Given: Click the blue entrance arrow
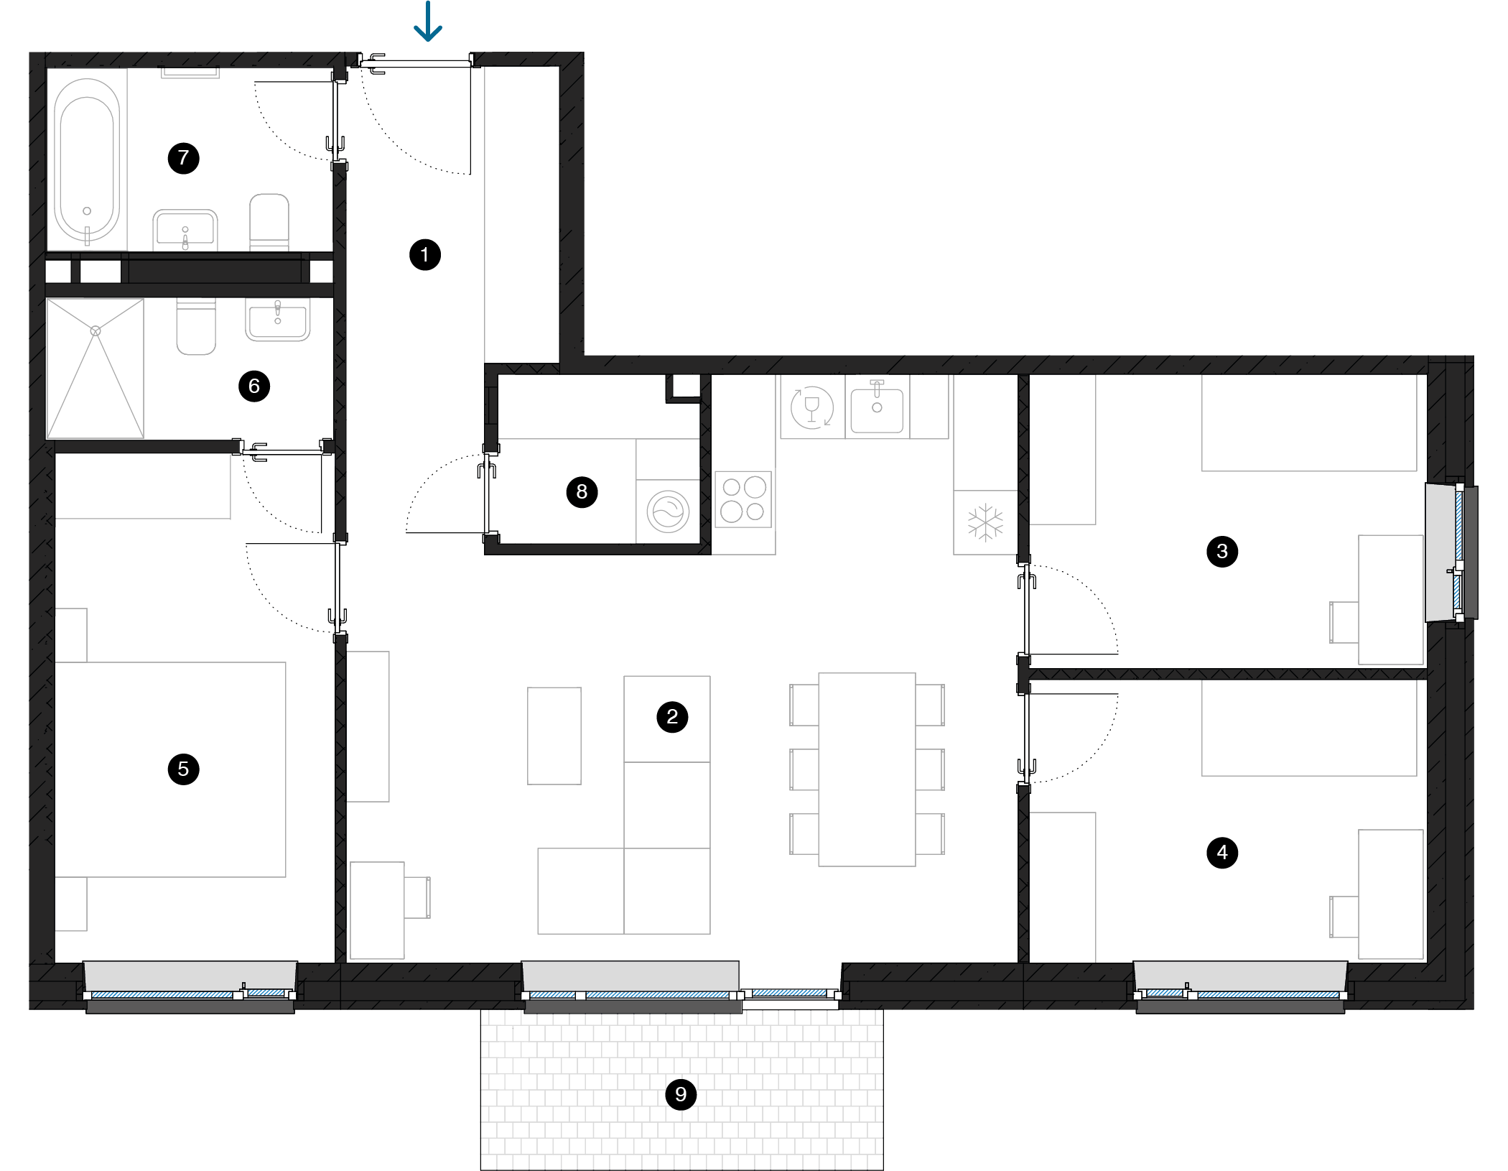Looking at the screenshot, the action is point(428,21).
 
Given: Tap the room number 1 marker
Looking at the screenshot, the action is point(425,255).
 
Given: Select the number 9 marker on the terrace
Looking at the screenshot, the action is point(681,1095).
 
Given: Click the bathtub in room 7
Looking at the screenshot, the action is point(87,159).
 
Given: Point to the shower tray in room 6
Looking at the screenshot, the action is point(96,369).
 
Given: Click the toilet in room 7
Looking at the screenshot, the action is point(269,222).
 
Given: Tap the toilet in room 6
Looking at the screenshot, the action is point(196,327).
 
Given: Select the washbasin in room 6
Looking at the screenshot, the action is point(278,320).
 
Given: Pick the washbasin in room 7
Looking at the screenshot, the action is point(185,230).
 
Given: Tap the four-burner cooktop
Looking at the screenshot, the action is point(743,499).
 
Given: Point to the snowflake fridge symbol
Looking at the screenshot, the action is point(985,522).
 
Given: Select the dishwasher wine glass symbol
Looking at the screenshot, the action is point(812,408).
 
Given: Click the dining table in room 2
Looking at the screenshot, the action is point(867,769).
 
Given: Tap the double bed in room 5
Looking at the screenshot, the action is point(170,769).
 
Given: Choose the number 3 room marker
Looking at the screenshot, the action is point(1222,552).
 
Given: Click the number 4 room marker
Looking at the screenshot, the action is point(1222,853).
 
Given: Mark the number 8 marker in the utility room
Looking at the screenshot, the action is point(582,492).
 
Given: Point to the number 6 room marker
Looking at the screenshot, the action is point(254,387).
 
